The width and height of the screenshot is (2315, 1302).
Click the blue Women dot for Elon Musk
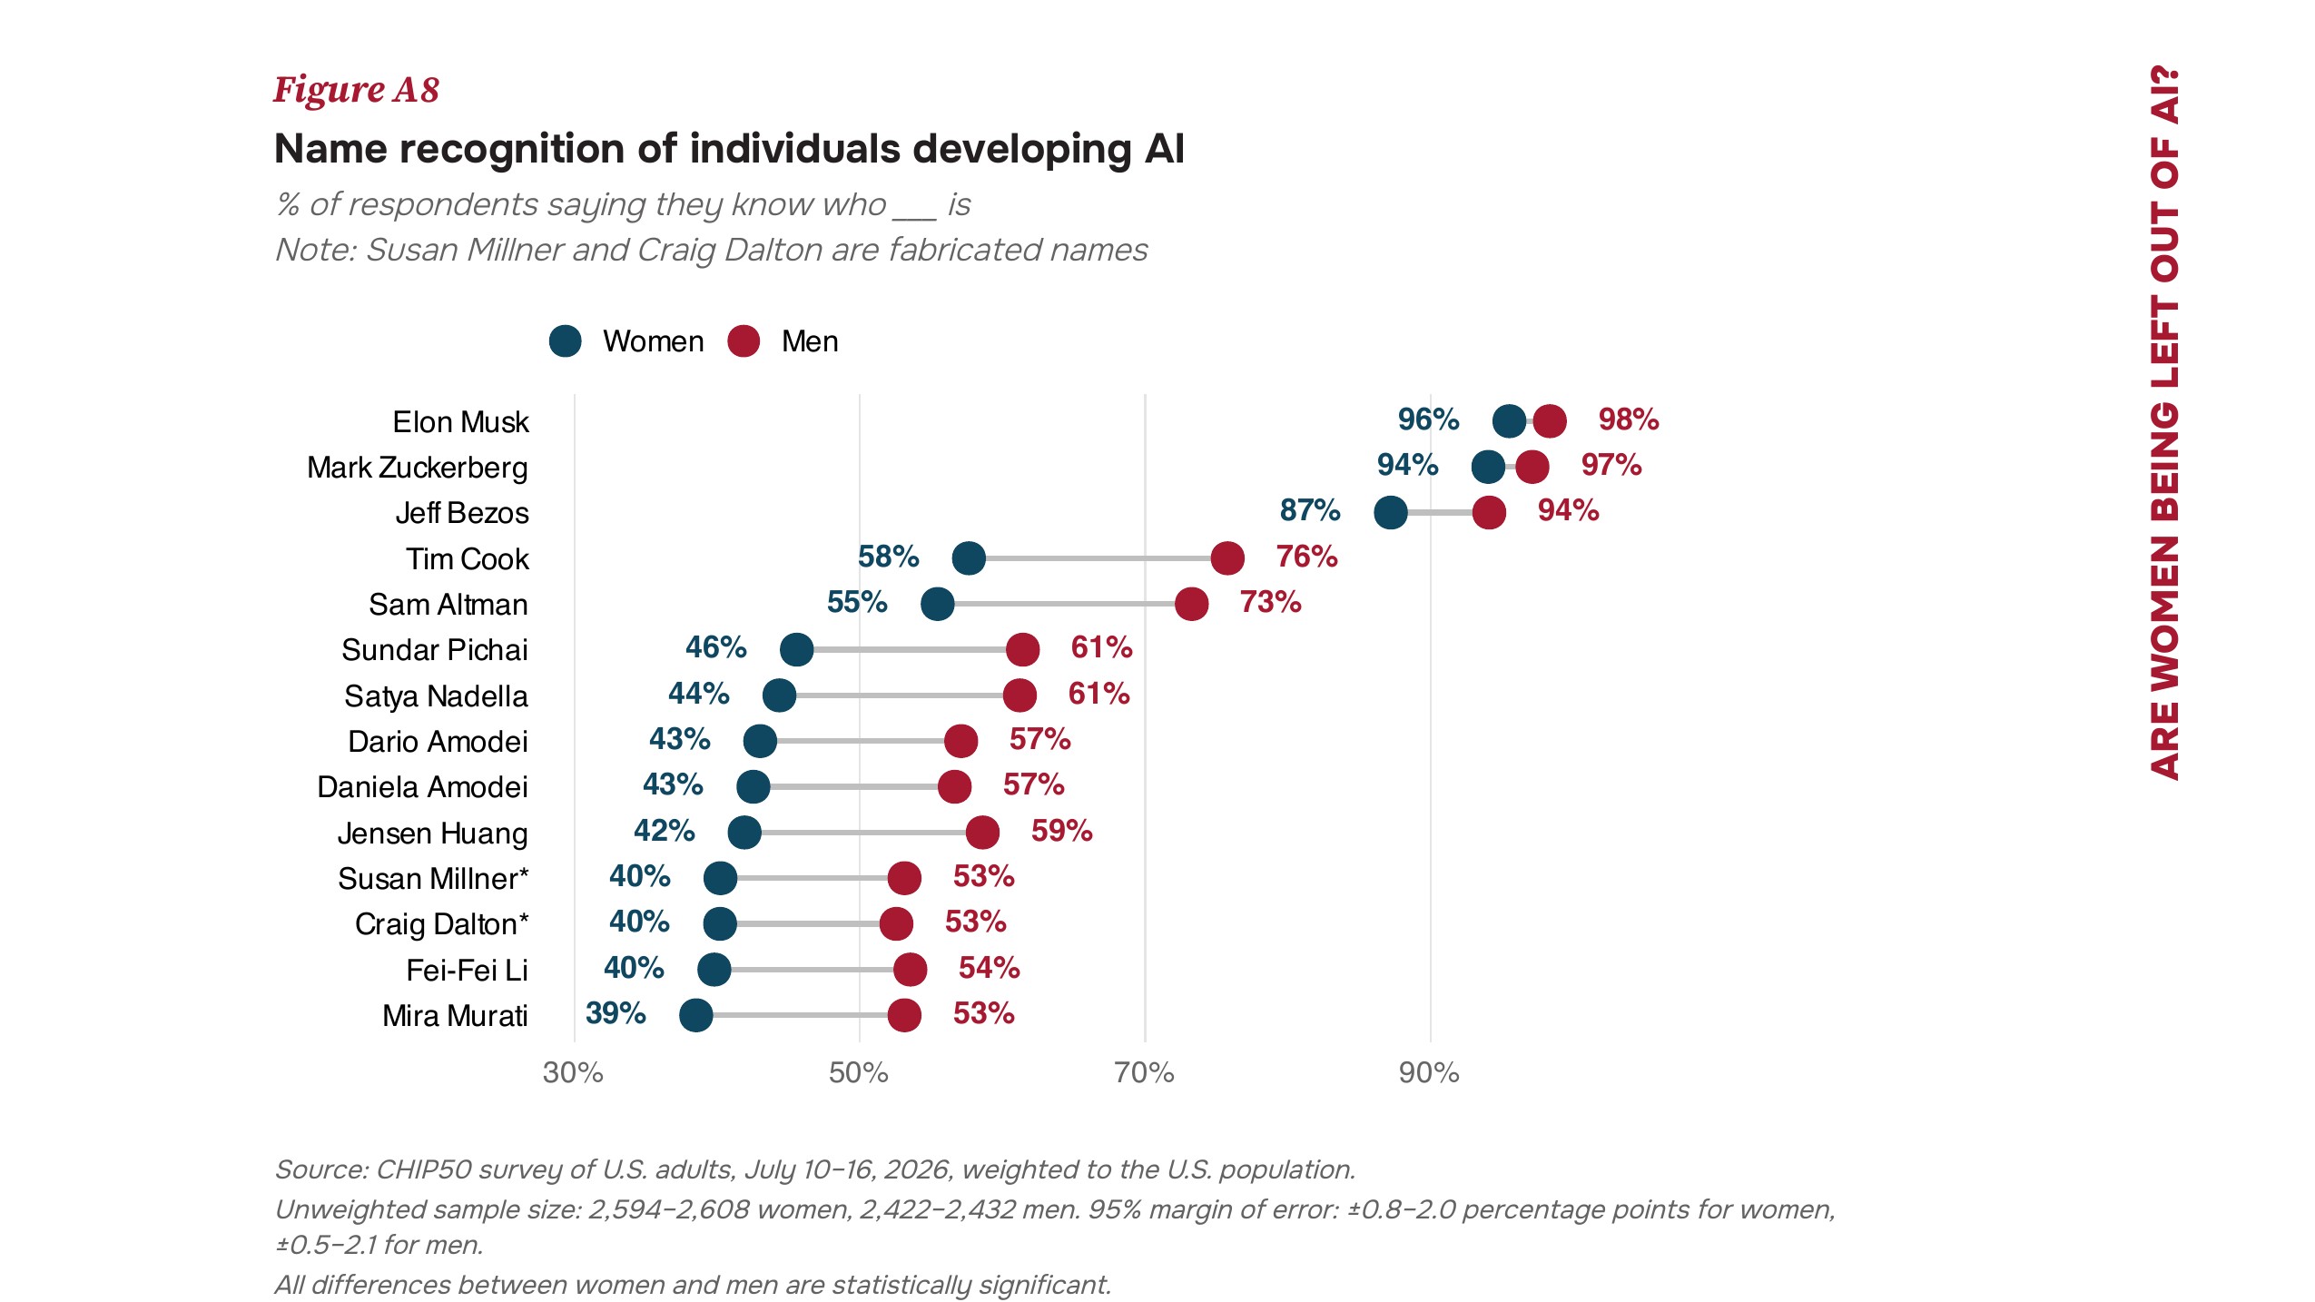pos(1509,421)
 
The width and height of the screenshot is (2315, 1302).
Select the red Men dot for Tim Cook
pos(1227,558)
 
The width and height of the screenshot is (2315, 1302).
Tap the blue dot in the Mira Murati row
pos(695,1015)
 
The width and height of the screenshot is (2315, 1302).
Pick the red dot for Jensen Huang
pos(982,833)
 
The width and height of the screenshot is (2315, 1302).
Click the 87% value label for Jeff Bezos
pos(1310,510)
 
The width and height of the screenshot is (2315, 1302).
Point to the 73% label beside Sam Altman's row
pos(1271,602)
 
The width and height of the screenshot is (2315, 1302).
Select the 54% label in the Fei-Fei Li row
pos(990,968)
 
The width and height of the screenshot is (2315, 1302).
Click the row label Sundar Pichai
pos(435,650)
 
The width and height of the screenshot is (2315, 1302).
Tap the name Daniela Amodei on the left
pos(422,787)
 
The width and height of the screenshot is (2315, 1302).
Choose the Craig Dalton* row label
pos(442,924)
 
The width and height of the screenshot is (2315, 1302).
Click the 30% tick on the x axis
pos(573,1073)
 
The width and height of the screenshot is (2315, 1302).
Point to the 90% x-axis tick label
pos(1429,1073)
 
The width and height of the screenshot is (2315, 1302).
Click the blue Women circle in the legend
pos(565,341)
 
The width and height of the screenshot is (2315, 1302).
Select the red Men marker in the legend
pos(744,341)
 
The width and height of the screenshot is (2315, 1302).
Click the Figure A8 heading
pos(357,90)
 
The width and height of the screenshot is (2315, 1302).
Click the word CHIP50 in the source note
pos(423,1169)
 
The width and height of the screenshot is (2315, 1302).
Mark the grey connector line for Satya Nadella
pos(899,695)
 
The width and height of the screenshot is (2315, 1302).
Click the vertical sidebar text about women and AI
pos(2164,422)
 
